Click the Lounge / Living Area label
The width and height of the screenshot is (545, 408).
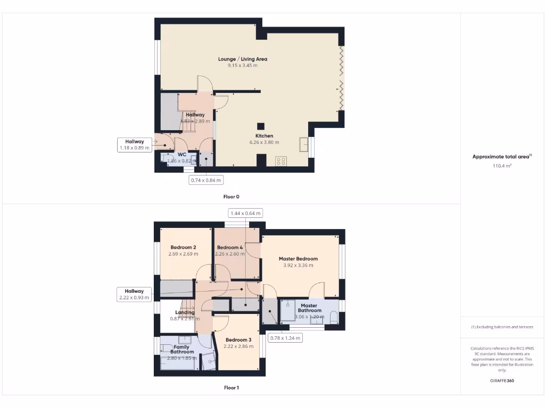pyautogui.click(x=243, y=59)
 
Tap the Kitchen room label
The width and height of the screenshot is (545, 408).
pyautogui.click(x=265, y=136)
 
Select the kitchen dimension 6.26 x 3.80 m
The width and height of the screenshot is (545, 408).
pyautogui.click(x=265, y=142)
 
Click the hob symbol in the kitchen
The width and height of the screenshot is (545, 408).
pyautogui.click(x=280, y=161)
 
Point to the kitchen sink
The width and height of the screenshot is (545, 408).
pyautogui.click(x=304, y=144)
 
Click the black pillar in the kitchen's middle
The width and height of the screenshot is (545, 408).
pyautogui.click(x=261, y=126)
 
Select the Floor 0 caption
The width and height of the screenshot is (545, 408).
pyautogui.click(x=231, y=197)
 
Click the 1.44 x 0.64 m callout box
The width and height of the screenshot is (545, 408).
pyautogui.click(x=245, y=213)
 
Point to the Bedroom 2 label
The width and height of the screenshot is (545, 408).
pyautogui.click(x=184, y=248)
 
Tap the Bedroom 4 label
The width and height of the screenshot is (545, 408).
pyautogui.click(x=230, y=248)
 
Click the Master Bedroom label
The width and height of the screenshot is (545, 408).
pyautogui.click(x=298, y=259)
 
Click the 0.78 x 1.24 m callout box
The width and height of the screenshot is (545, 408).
pyautogui.click(x=285, y=338)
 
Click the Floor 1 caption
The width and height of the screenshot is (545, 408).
pyautogui.click(x=231, y=388)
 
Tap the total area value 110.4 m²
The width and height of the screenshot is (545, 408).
pyautogui.click(x=502, y=166)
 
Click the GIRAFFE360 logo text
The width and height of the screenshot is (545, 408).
pyautogui.click(x=502, y=381)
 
